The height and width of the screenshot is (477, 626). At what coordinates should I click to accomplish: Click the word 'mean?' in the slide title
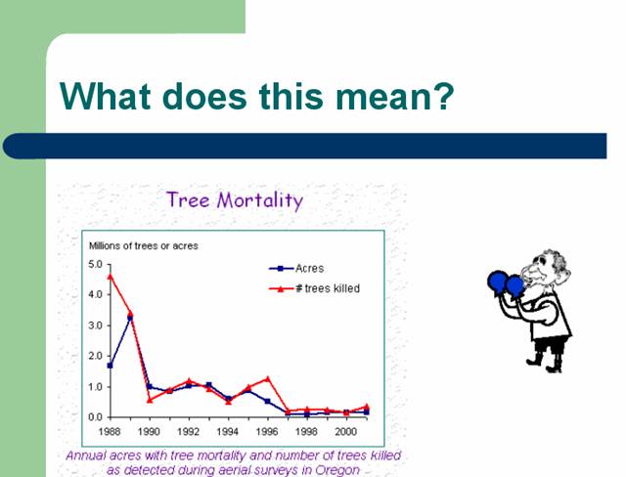click(x=394, y=97)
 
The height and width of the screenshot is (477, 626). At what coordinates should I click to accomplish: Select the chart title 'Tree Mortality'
click(x=235, y=199)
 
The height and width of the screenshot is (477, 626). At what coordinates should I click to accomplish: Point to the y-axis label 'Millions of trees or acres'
click(x=144, y=245)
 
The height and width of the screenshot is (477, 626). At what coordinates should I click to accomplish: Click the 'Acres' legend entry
click(x=296, y=269)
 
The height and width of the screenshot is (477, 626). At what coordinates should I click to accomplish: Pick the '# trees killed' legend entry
click(x=314, y=288)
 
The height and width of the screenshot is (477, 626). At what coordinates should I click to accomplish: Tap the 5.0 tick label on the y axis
click(x=95, y=264)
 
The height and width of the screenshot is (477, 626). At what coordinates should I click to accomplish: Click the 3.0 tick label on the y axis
click(x=95, y=325)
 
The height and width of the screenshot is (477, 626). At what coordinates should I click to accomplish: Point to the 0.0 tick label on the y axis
click(x=95, y=417)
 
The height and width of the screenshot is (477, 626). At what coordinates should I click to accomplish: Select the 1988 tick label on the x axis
click(x=110, y=431)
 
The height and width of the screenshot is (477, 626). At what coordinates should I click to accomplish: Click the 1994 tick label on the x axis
click(x=228, y=431)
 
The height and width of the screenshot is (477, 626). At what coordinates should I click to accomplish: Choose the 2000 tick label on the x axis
click(x=345, y=431)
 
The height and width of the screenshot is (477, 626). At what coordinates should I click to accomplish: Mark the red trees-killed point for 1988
click(x=111, y=276)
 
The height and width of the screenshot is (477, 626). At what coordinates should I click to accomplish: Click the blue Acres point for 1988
click(x=111, y=366)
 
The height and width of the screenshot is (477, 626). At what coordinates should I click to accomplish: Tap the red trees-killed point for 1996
click(x=267, y=378)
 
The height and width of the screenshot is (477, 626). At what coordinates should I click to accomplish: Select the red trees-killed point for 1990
click(x=150, y=400)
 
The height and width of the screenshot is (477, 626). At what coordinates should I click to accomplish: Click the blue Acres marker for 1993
click(x=208, y=385)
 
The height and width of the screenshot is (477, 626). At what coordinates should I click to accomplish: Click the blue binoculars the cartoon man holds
click(x=506, y=283)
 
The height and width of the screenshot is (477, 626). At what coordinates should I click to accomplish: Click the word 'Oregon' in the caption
click(x=337, y=470)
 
